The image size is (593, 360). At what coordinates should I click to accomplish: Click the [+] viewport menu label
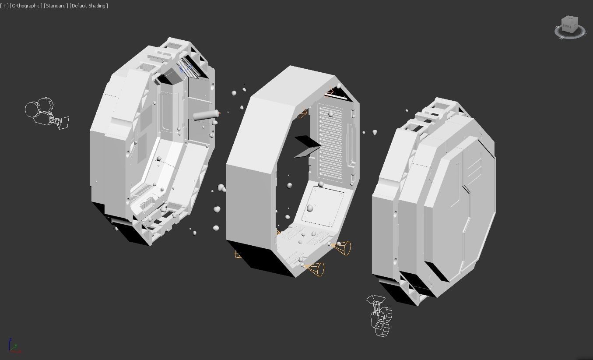pos(4,6)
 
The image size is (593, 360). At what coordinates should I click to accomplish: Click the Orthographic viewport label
pos(26,6)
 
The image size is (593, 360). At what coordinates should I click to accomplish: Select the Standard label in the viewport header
pos(56,6)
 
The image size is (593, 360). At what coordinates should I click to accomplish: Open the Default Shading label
pos(89,6)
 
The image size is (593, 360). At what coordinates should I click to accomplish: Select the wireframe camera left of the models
pos(46,113)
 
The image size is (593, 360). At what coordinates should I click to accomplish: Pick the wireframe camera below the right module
pos(380,316)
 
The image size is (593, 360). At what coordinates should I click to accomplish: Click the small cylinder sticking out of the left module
pos(205,116)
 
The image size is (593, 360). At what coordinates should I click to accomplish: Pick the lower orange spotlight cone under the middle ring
pos(315,268)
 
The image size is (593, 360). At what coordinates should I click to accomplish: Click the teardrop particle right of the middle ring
pos(375,132)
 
